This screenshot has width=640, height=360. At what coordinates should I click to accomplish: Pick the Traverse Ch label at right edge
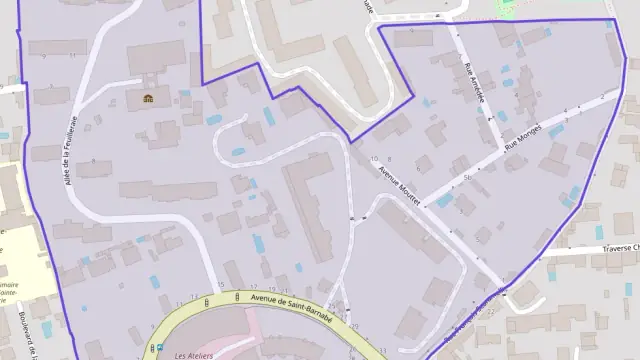(x=620, y=246)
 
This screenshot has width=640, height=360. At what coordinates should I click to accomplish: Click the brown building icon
(x=148, y=98)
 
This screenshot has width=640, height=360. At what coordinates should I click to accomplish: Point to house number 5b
(x=468, y=176)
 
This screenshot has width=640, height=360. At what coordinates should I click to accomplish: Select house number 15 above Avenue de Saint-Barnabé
(x=220, y=285)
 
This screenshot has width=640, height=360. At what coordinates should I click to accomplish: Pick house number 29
(x=355, y=326)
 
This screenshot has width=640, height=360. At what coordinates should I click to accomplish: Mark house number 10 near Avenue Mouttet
(x=373, y=159)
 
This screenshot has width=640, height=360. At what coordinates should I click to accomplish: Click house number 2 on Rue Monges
(x=601, y=96)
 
